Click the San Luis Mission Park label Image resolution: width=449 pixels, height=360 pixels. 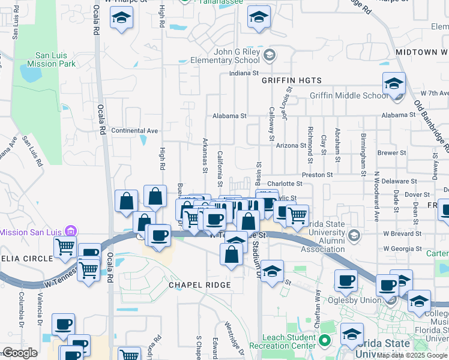pos(50,56)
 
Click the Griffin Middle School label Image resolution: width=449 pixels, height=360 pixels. pos(349,95)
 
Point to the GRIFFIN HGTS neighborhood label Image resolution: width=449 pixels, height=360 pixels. pos(292,80)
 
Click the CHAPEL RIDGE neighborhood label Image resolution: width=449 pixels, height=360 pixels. pos(200,284)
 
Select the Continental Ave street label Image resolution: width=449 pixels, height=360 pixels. pos(134,130)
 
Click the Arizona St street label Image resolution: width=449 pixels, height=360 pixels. pos(291,145)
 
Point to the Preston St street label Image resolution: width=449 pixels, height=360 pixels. pos(318,175)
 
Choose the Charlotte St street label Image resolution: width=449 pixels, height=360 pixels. pos(285,184)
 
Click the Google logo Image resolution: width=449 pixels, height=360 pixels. pos(20,353)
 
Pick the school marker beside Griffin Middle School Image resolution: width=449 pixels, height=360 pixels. pos(394,84)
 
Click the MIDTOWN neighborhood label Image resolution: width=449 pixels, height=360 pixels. pos(421,52)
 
